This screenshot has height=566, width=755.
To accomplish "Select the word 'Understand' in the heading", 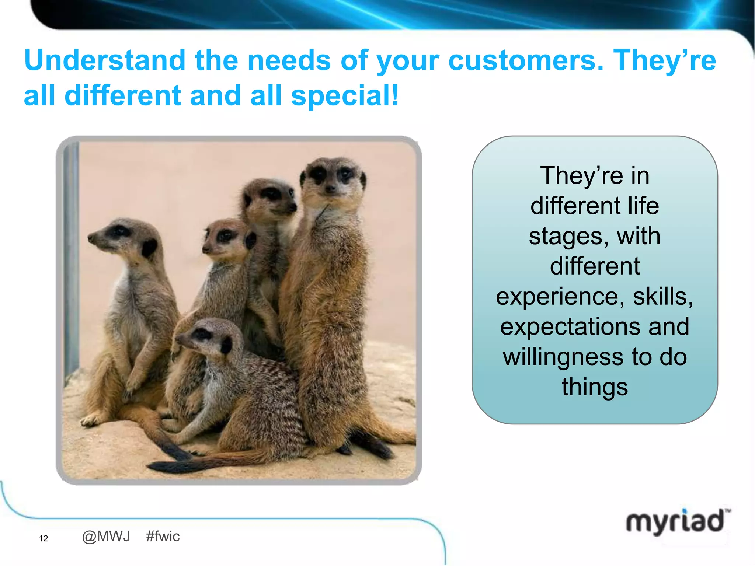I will (x=105, y=60).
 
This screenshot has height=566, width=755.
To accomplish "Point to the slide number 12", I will (x=44, y=538).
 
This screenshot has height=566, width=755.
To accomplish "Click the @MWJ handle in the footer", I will (x=106, y=537).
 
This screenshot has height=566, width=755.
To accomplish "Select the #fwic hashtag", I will (x=163, y=537).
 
